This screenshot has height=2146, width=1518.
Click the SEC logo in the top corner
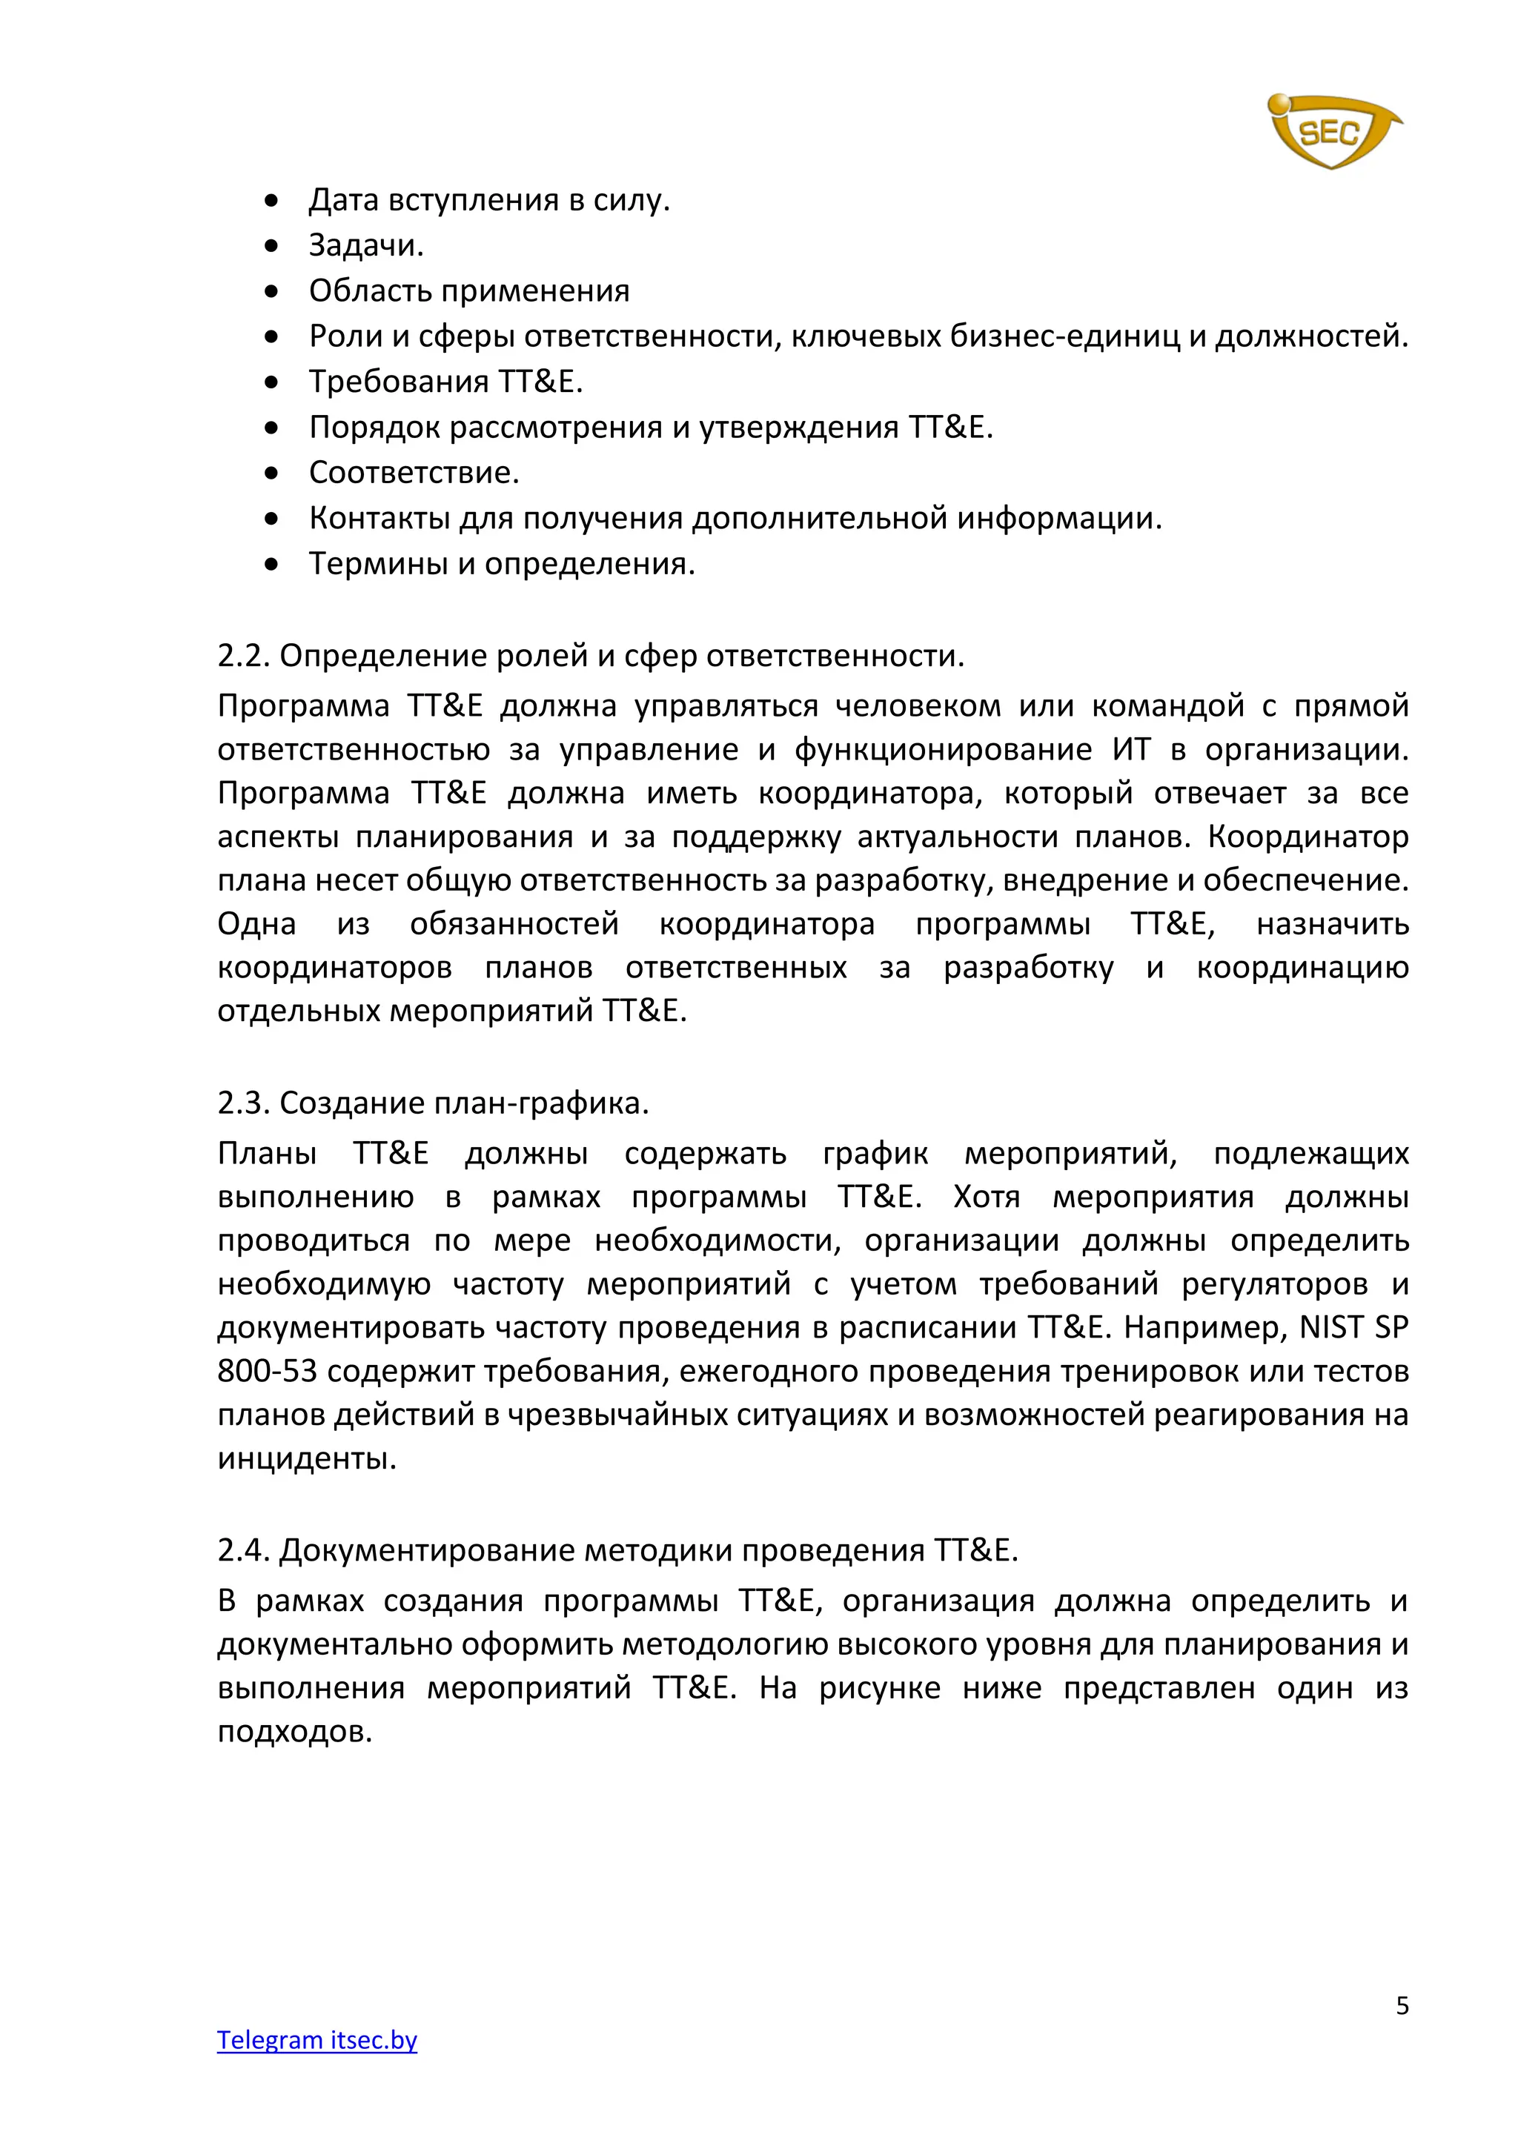1332,131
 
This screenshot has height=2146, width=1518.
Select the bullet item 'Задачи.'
366,245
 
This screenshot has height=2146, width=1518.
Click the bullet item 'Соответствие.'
414,472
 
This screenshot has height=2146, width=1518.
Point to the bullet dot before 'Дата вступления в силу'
271,200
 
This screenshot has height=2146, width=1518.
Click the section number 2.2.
243,656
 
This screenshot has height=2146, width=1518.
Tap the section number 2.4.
243,1551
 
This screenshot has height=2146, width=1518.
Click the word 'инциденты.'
307,1458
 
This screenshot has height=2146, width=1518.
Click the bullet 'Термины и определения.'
502,564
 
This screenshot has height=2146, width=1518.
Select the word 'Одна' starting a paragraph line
257,923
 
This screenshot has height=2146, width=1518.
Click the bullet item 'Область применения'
469,290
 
